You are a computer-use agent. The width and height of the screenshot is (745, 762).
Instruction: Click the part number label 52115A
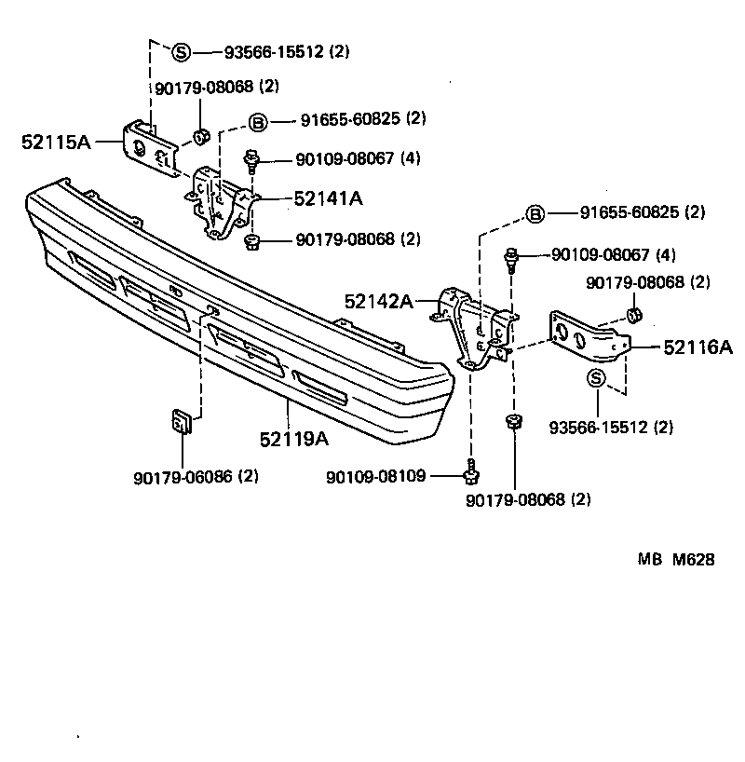pos(55,142)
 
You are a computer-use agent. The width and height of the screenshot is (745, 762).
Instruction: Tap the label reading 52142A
pos(376,301)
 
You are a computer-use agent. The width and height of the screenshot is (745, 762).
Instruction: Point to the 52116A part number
pos(698,347)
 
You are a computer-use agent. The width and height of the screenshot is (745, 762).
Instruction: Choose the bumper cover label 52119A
pos(296,438)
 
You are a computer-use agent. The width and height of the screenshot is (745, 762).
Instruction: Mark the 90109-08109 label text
pos(375,476)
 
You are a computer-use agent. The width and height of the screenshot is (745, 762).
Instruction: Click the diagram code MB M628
pos(676,560)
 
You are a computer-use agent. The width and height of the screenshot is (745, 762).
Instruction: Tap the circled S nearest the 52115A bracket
pos(182,51)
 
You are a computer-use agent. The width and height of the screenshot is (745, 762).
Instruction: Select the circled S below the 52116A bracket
pos(596,376)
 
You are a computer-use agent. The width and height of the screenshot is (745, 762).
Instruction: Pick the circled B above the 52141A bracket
pos(258,120)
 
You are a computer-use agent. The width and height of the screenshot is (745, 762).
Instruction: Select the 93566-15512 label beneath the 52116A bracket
pos(611,428)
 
